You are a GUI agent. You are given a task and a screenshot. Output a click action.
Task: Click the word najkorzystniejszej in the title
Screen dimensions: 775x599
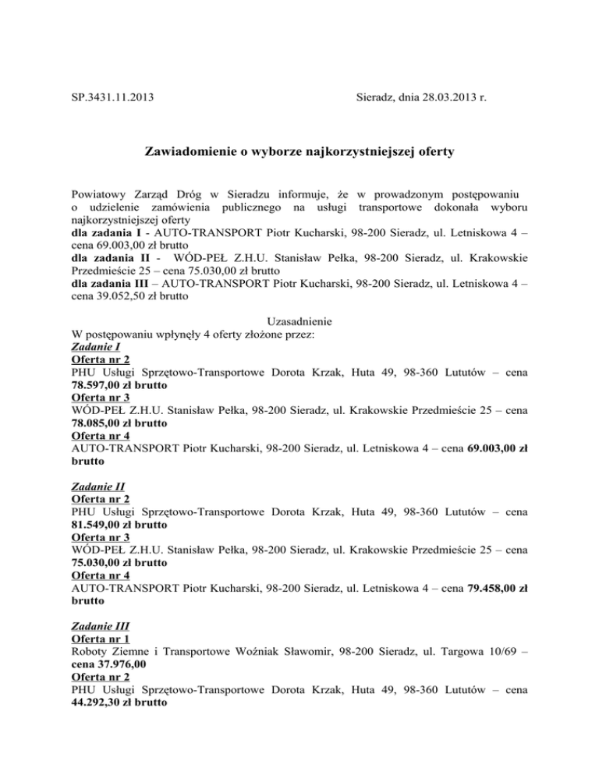(x=353, y=154)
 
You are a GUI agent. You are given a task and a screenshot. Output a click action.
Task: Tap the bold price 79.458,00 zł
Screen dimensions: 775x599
(x=497, y=589)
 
